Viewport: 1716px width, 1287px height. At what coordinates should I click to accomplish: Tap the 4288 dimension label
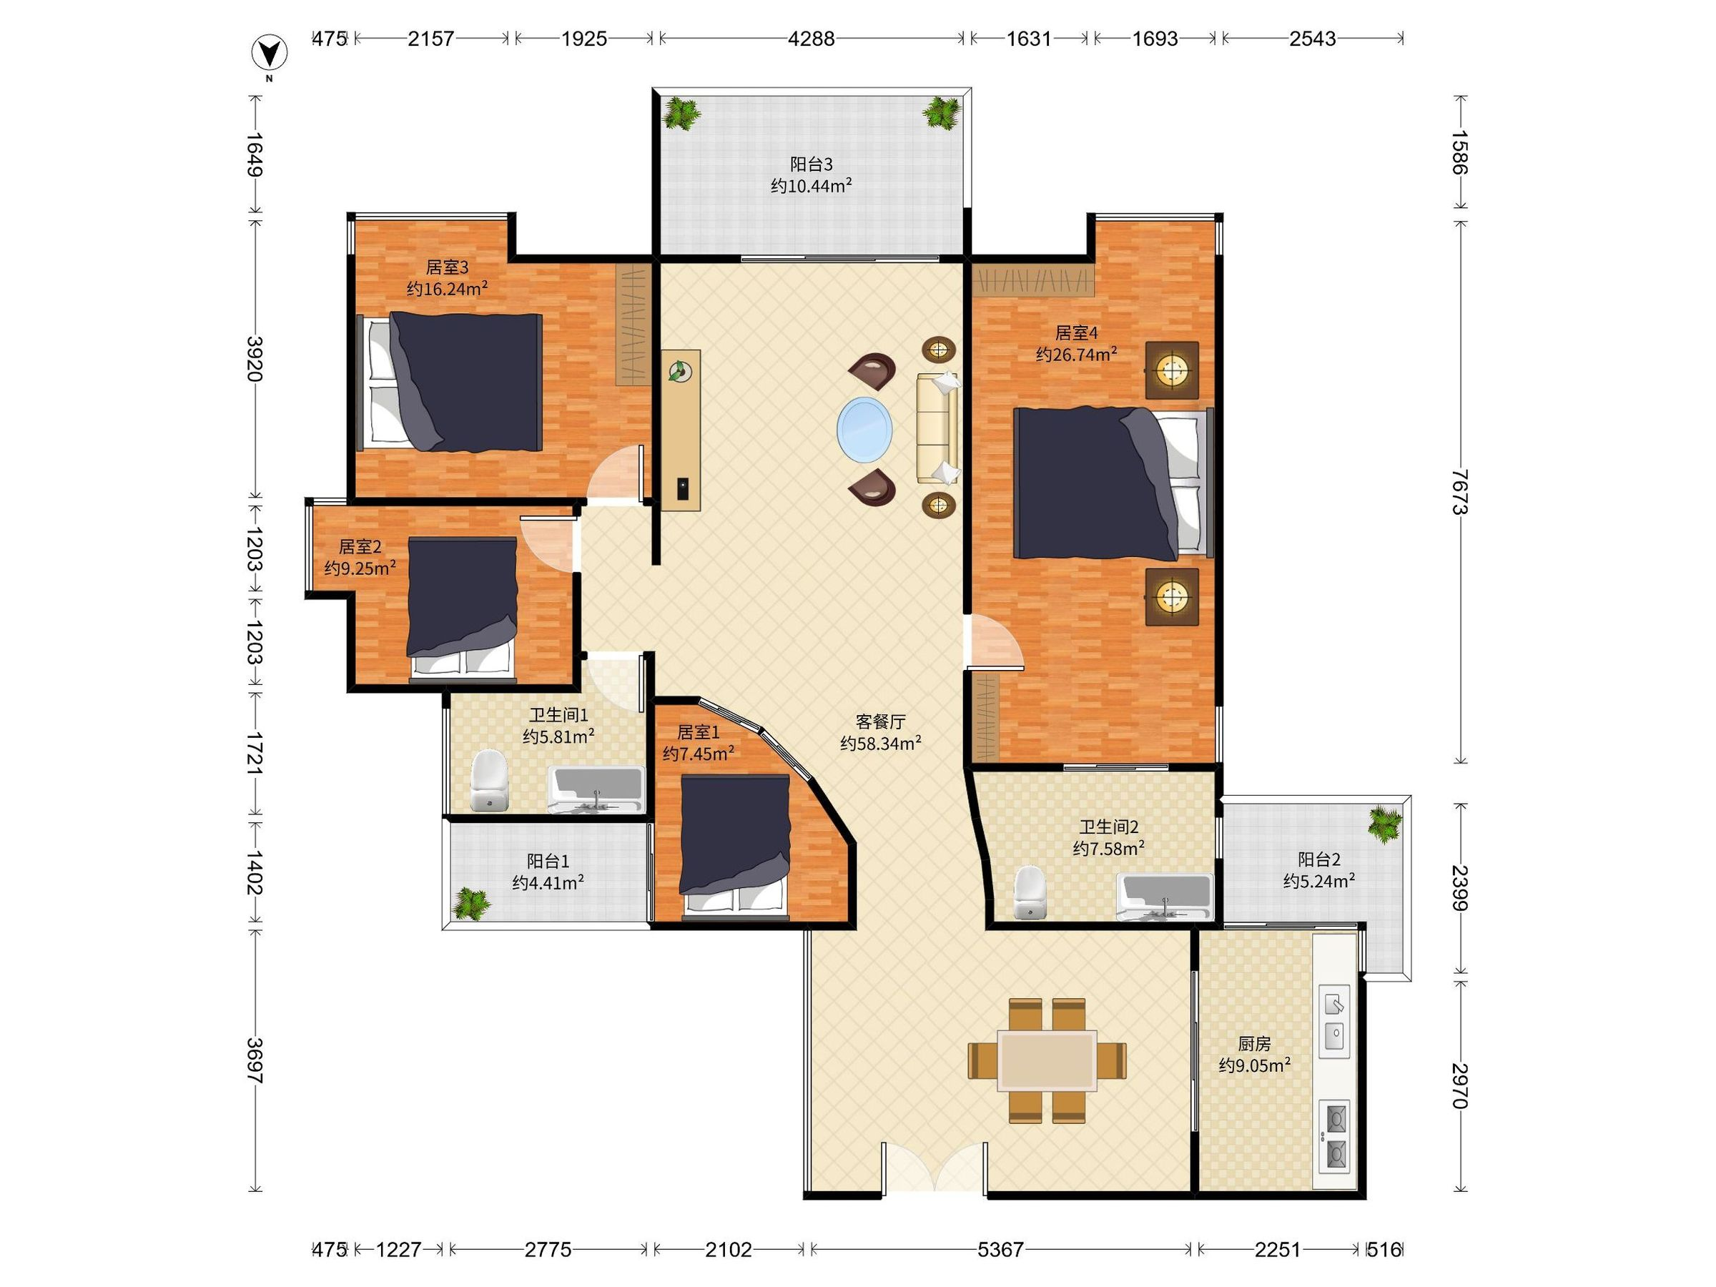pos(812,38)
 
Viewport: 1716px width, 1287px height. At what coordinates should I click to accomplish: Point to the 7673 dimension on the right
pos(1461,492)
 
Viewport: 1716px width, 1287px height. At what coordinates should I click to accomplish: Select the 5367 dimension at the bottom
pos(1001,1249)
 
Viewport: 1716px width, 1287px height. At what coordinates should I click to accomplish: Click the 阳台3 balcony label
pos(812,164)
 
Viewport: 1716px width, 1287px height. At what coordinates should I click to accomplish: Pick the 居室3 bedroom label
pos(447,267)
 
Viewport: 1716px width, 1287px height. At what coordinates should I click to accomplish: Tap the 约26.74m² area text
pos(1077,355)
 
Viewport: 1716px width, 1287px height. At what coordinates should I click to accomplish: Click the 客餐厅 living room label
pos(880,721)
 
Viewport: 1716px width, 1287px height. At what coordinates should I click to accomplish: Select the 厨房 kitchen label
pos(1254,1044)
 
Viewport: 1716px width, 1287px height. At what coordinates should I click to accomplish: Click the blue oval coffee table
pos(864,429)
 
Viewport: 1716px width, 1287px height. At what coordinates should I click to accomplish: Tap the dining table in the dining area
pos(1047,1060)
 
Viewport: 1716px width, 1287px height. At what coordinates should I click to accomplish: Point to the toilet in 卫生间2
pos(1030,892)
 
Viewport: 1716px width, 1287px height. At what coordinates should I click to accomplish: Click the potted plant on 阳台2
pos(1385,822)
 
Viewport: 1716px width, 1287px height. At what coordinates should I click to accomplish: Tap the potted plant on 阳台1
pos(472,903)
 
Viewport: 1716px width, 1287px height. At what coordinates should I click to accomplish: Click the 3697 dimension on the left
pos(255,1060)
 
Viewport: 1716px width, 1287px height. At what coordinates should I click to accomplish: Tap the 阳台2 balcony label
pos(1318,859)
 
